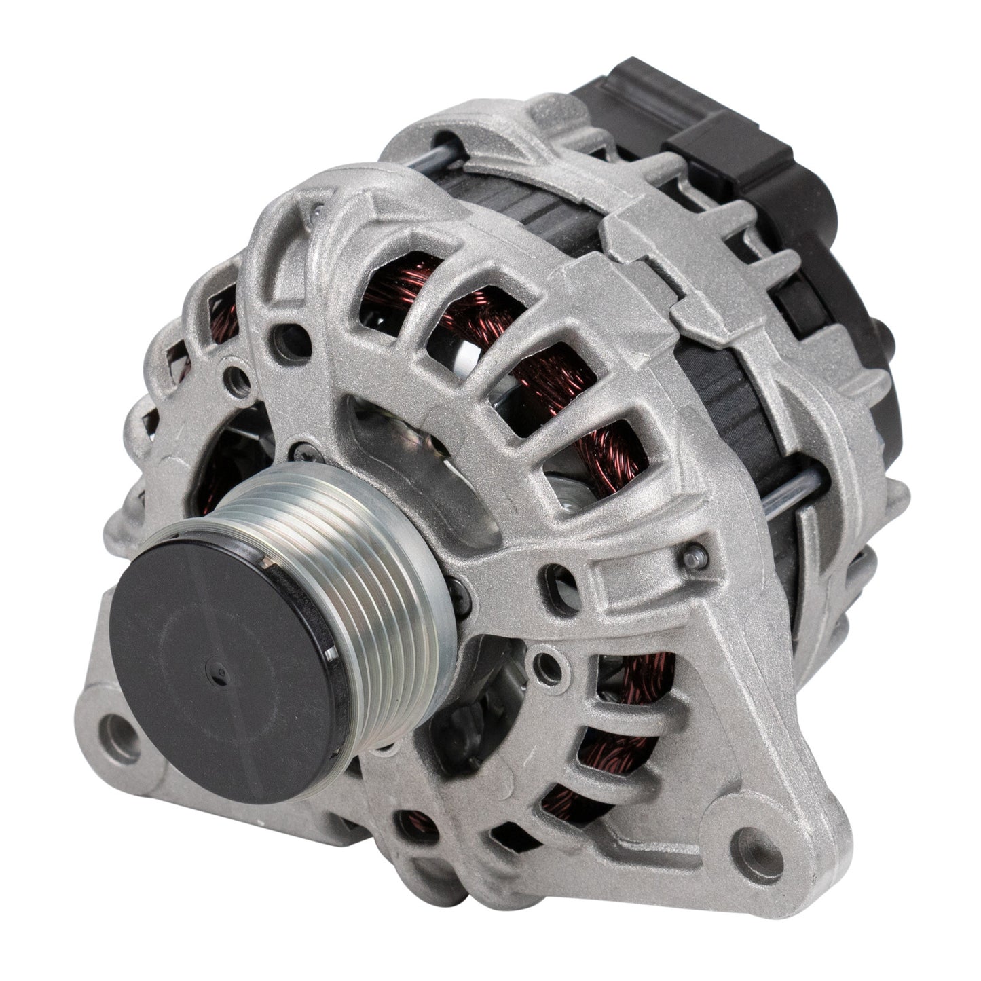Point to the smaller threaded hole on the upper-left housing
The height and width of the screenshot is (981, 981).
(x=237, y=373)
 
